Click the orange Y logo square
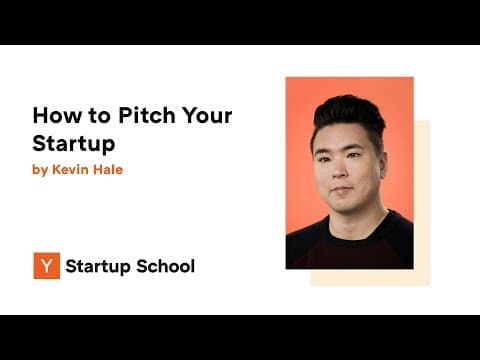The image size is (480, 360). [x=46, y=266]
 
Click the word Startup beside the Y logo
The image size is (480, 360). [x=98, y=266]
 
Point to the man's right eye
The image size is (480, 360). [x=328, y=157]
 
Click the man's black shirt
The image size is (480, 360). [x=350, y=245]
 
